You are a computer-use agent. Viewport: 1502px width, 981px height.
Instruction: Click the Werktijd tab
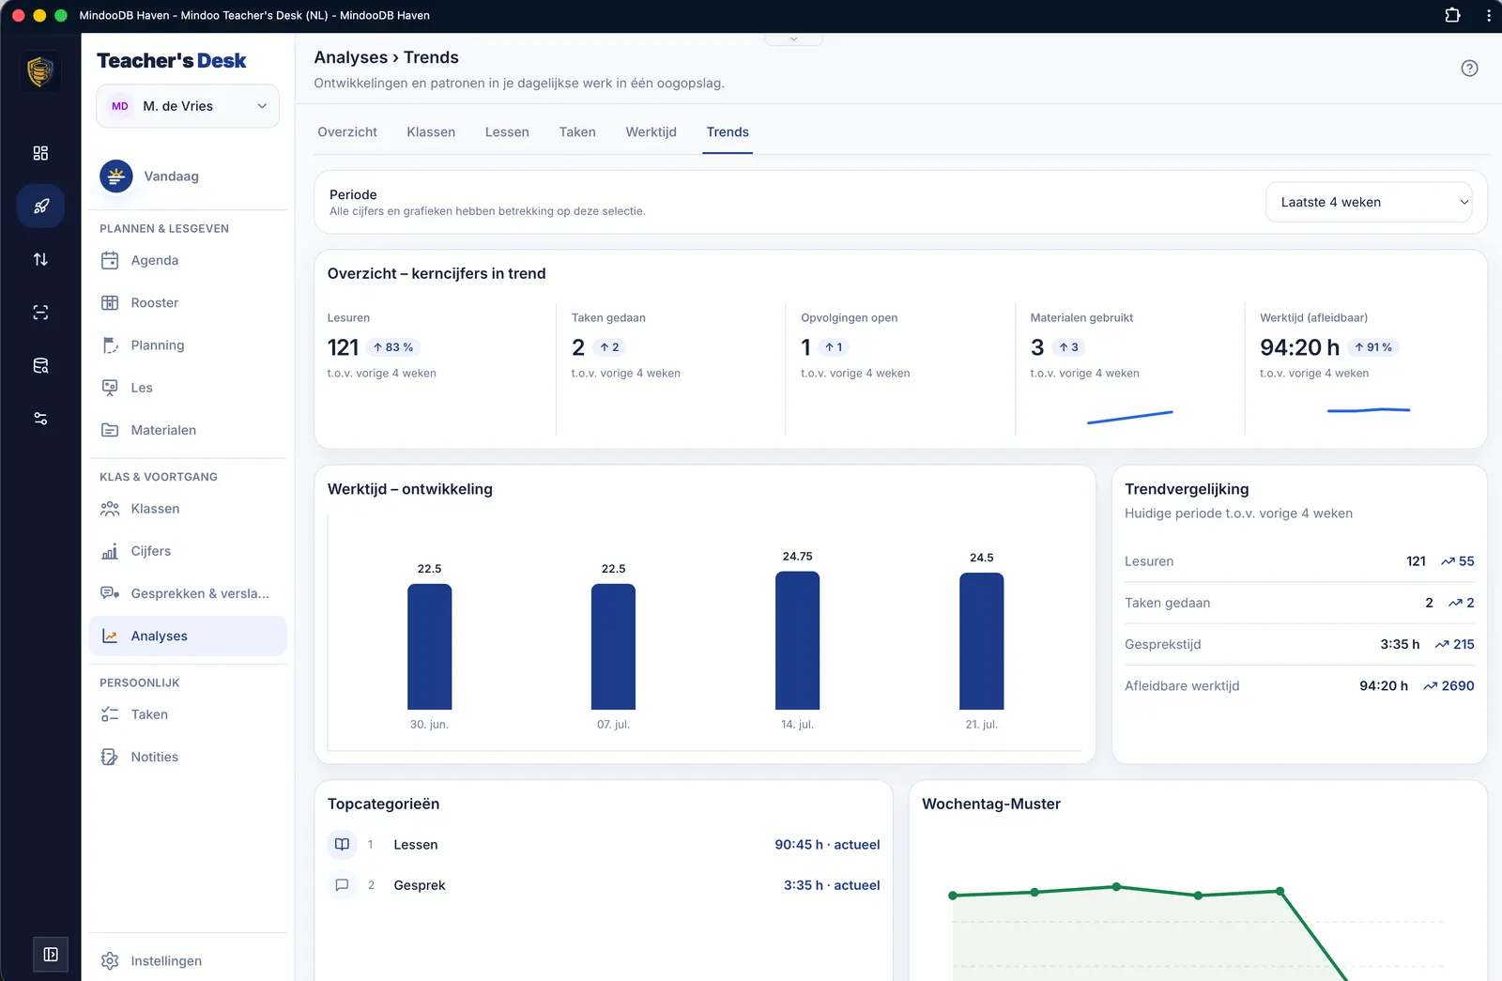coord(651,132)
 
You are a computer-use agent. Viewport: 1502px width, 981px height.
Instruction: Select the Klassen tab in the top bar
coord(431,132)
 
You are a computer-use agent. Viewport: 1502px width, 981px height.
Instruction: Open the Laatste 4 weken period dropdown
coord(1368,202)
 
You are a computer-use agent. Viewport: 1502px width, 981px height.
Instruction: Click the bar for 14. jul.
coord(797,640)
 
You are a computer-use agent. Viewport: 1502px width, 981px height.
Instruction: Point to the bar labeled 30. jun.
coord(429,647)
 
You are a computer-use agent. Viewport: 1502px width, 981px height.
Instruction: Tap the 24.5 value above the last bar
coord(981,558)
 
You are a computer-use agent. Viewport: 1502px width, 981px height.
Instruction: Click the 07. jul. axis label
coord(613,724)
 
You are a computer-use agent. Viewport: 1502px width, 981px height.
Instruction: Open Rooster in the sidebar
coord(154,302)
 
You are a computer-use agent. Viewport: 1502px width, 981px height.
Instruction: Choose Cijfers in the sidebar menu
coord(150,550)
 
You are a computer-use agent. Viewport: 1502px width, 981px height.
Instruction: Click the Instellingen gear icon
coord(110,960)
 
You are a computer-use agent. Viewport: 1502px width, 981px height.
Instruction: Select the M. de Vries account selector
coord(188,106)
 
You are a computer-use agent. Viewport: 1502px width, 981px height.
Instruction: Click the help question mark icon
coord(1469,69)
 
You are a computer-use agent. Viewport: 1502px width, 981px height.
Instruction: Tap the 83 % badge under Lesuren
coord(393,346)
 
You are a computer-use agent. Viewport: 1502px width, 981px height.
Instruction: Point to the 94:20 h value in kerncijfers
coord(1299,346)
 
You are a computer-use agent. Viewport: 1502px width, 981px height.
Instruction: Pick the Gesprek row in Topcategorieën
coord(604,884)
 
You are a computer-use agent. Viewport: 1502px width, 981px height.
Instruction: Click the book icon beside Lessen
coord(342,844)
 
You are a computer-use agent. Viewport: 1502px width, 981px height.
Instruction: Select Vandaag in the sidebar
coord(171,176)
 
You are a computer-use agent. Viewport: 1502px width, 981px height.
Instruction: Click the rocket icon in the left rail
coord(40,206)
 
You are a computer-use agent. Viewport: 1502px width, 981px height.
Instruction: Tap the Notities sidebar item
coord(154,757)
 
